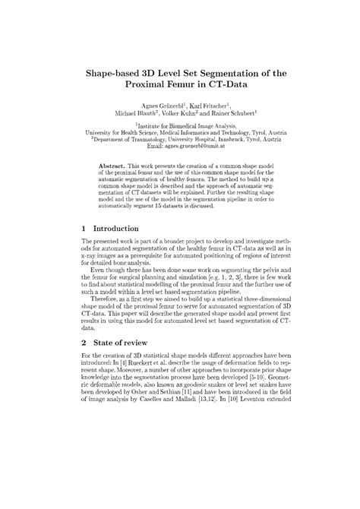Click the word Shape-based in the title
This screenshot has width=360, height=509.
[118, 73]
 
